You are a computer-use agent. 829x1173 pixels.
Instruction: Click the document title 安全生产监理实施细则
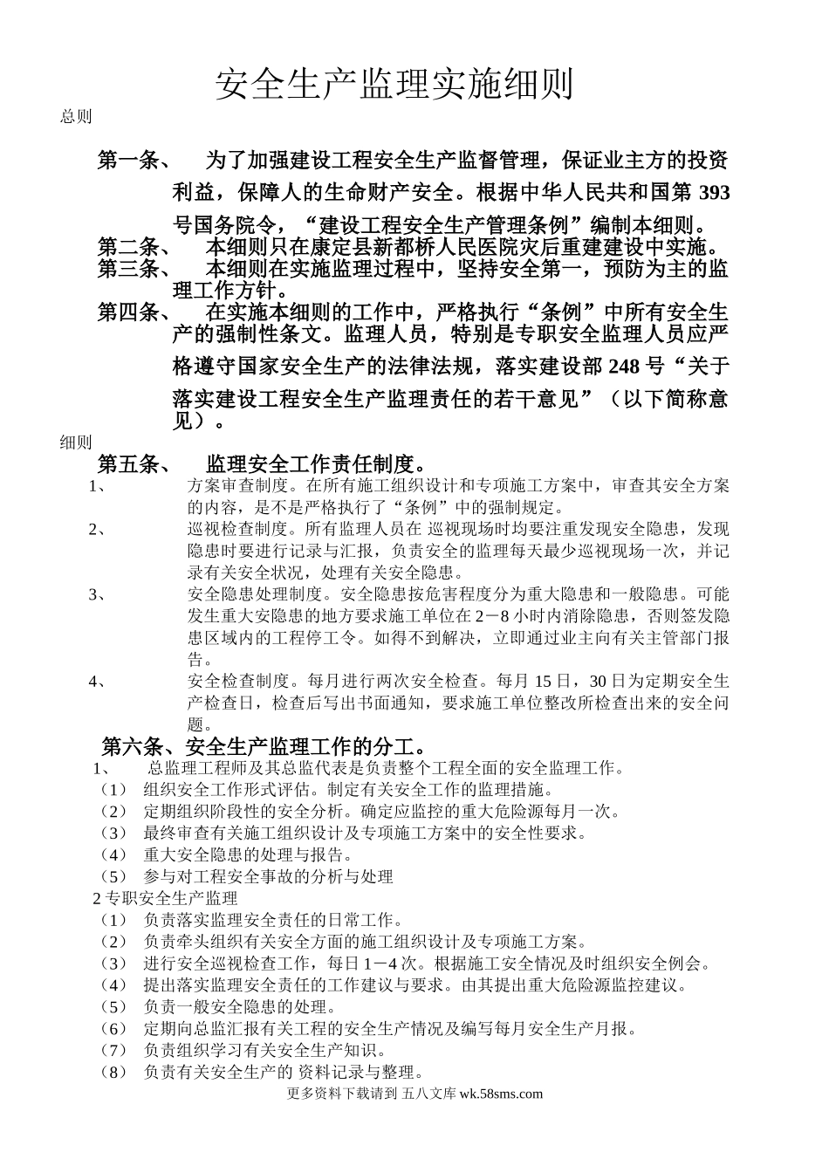click(x=394, y=86)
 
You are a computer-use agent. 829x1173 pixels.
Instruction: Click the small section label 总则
click(x=76, y=117)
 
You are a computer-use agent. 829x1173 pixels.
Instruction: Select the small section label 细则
click(x=76, y=442)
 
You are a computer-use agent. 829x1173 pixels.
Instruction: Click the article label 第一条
click(x=127, y=161)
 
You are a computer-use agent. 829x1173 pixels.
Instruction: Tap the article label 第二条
click(x=127, y=247)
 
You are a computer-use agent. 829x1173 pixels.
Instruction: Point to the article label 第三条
click(x=127, y=269)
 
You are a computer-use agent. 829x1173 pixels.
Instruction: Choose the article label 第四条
click(x=127, y=312)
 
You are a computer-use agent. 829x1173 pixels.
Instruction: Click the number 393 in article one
click(x=715, y=192)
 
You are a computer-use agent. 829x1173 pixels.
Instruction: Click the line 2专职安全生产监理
click(x=166, y=897)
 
